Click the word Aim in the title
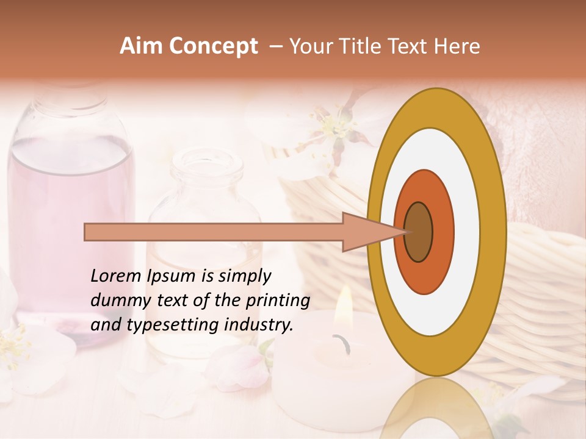click(142, 46)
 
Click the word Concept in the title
click(213, 46)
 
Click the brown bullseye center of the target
click(418, 232)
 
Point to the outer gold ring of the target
click(494, 232)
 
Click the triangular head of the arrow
click(366, 232)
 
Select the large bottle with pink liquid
click(70, 201)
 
